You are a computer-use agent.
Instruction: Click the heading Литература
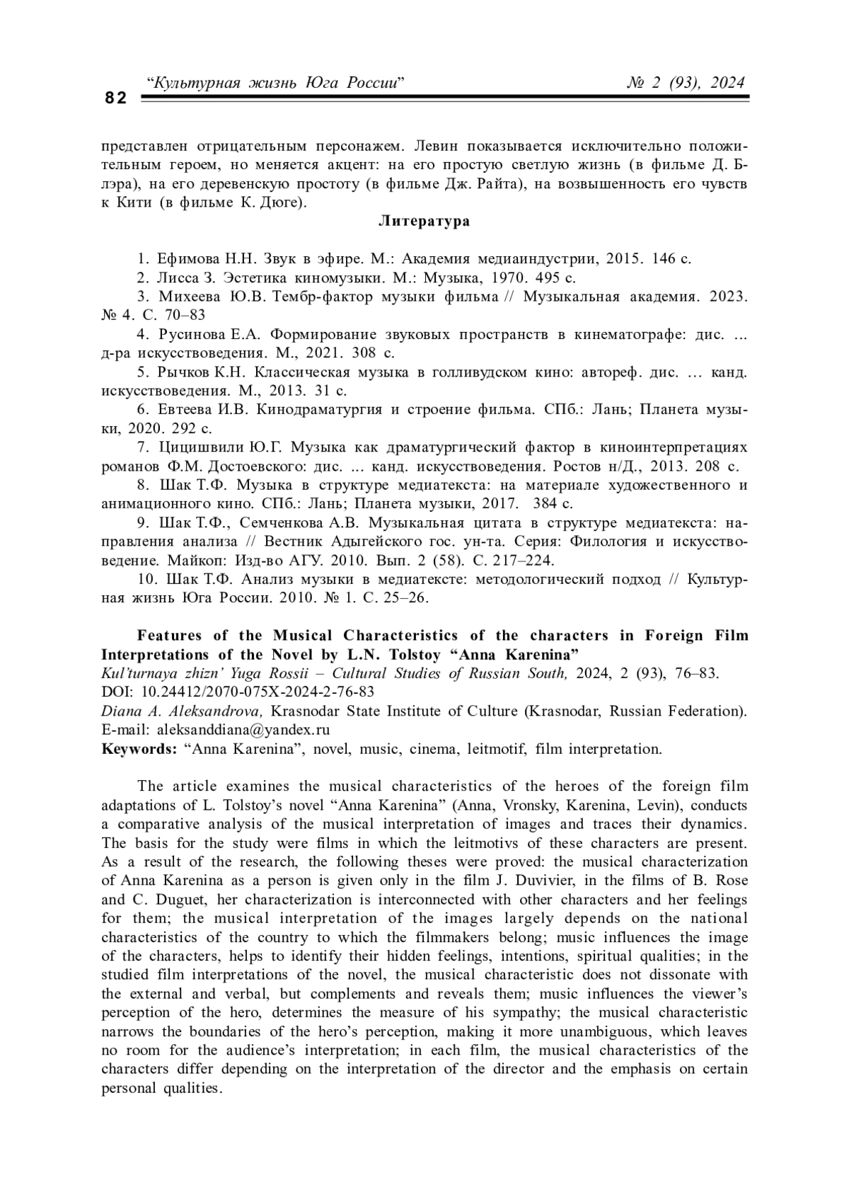[424, 221]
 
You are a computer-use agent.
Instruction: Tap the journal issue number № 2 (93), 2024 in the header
[686, 83]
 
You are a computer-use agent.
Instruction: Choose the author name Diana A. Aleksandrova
[183, 711]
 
